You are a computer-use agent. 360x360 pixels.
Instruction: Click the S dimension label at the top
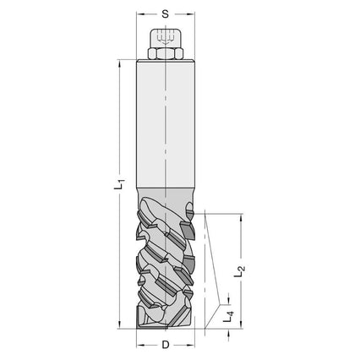[x=165, y=14]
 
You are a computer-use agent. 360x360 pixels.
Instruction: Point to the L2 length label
[x=240, y=270]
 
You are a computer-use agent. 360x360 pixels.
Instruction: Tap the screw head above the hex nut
[x=165, y=39]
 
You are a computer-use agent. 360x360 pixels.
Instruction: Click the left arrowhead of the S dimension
[x=140, y=14]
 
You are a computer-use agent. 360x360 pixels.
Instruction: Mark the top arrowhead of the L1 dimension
[x=121, y=64]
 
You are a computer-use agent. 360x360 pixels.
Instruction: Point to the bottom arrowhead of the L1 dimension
[x=121, y=325]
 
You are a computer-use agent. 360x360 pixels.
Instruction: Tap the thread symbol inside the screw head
[x=165, y=36]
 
